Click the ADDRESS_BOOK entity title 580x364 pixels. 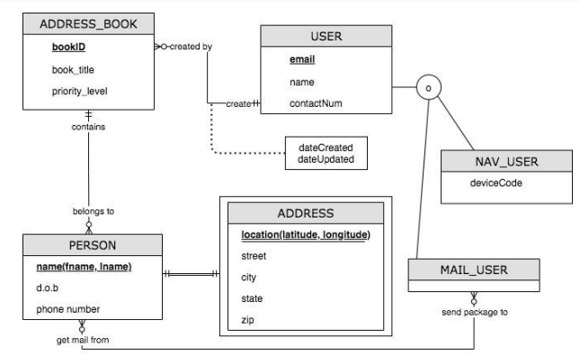pos(88,22)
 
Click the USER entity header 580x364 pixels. pos(326,36)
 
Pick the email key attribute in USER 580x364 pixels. pos(303,59)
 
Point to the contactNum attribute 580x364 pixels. pos(316,103)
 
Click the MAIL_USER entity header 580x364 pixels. pos(474,269)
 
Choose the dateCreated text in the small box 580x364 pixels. pos(325,147)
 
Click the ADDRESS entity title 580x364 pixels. pos(306,214)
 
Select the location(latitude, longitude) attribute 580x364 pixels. pos(306,235)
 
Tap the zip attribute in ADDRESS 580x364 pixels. pos(247,320)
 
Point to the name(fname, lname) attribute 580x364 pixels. pos(84,267)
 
